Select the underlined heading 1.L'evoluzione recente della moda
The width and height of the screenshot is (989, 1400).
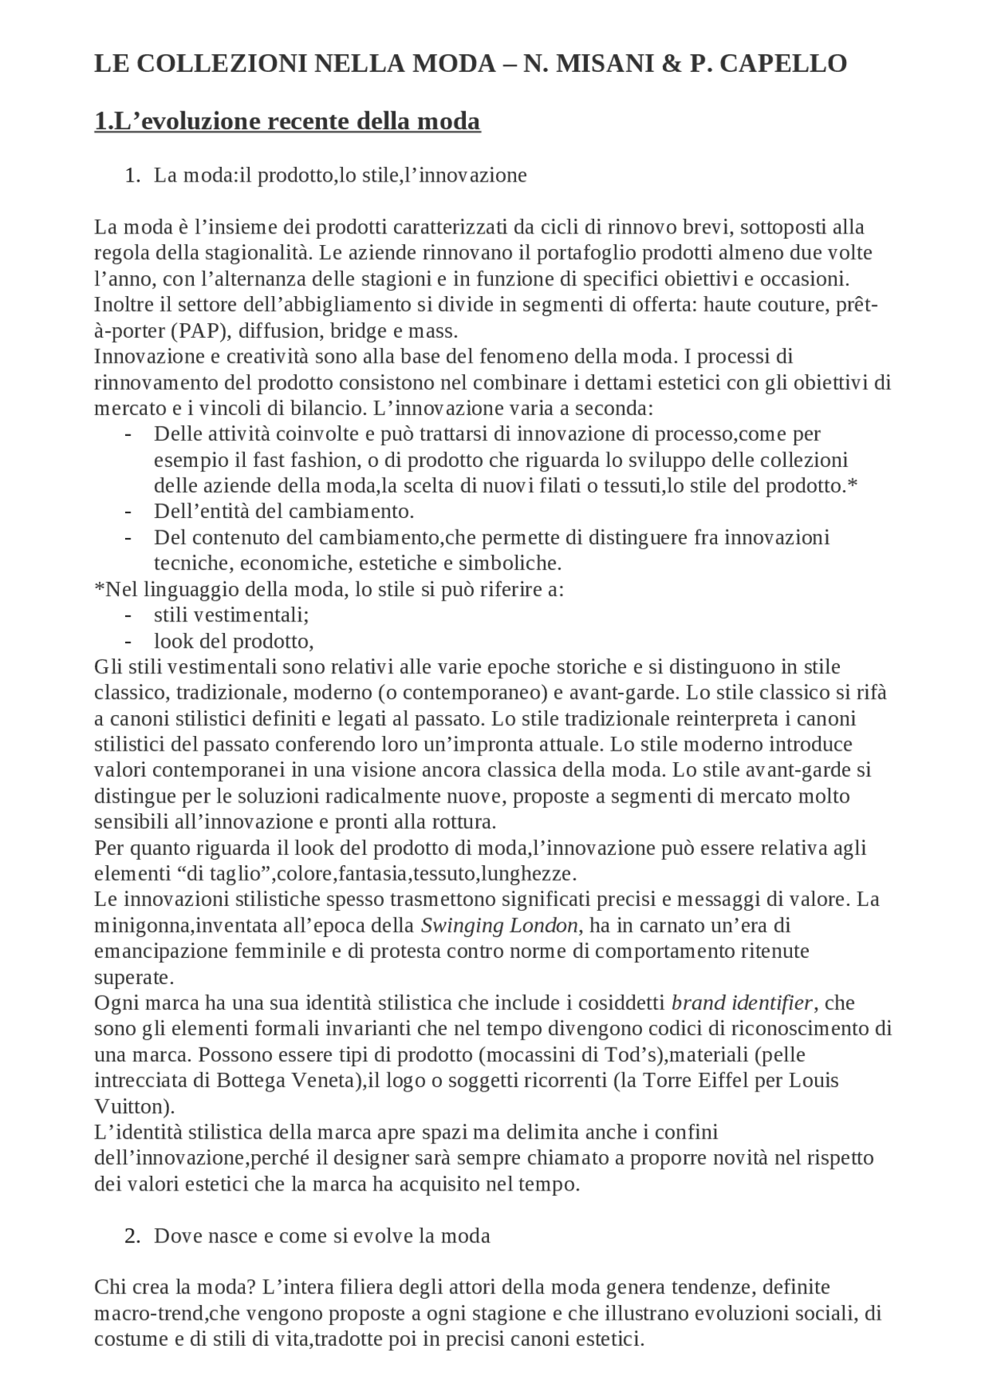[287, 121]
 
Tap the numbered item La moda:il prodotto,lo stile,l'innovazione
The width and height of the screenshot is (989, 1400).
[340, 175]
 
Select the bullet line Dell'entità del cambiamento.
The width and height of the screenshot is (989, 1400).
[284, 512]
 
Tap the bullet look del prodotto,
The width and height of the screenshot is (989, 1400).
[233, 641]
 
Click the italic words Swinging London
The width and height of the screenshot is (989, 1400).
[499, 925]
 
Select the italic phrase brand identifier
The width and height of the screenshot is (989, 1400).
[741, 1003]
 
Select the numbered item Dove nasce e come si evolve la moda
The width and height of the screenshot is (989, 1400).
[321, 1236]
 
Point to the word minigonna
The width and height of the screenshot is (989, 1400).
[138, 925]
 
